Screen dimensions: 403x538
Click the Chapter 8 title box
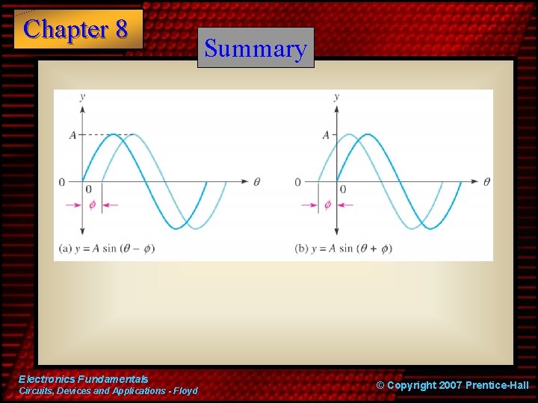[78, 29]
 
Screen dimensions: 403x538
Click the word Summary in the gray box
[256, 49]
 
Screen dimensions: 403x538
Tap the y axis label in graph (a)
[81, 97]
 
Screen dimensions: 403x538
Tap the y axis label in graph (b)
[336, 97]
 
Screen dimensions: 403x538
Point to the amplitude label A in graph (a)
[72, 135]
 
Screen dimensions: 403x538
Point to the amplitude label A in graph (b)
[326, 135]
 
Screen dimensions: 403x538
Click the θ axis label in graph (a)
[257, 181]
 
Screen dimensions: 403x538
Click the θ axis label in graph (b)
[486, 181]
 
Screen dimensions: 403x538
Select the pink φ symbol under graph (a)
[92, 204]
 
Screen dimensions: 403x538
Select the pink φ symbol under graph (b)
[327, 204]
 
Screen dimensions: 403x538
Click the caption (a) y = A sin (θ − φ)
[106, 248]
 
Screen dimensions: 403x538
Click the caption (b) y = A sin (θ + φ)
[344, 248]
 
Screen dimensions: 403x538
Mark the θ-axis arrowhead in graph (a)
[246, 181]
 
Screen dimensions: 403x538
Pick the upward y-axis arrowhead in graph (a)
[81, 108]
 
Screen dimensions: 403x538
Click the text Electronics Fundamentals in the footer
[83, 380]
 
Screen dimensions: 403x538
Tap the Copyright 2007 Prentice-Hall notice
[452, 385]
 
